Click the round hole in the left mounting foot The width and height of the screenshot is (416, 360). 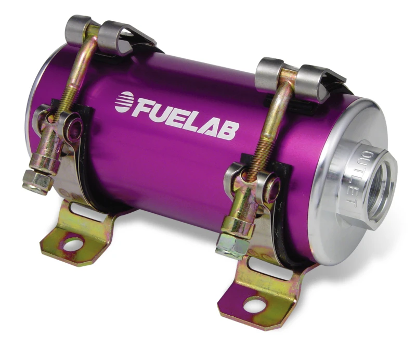[x=73, y=242]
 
